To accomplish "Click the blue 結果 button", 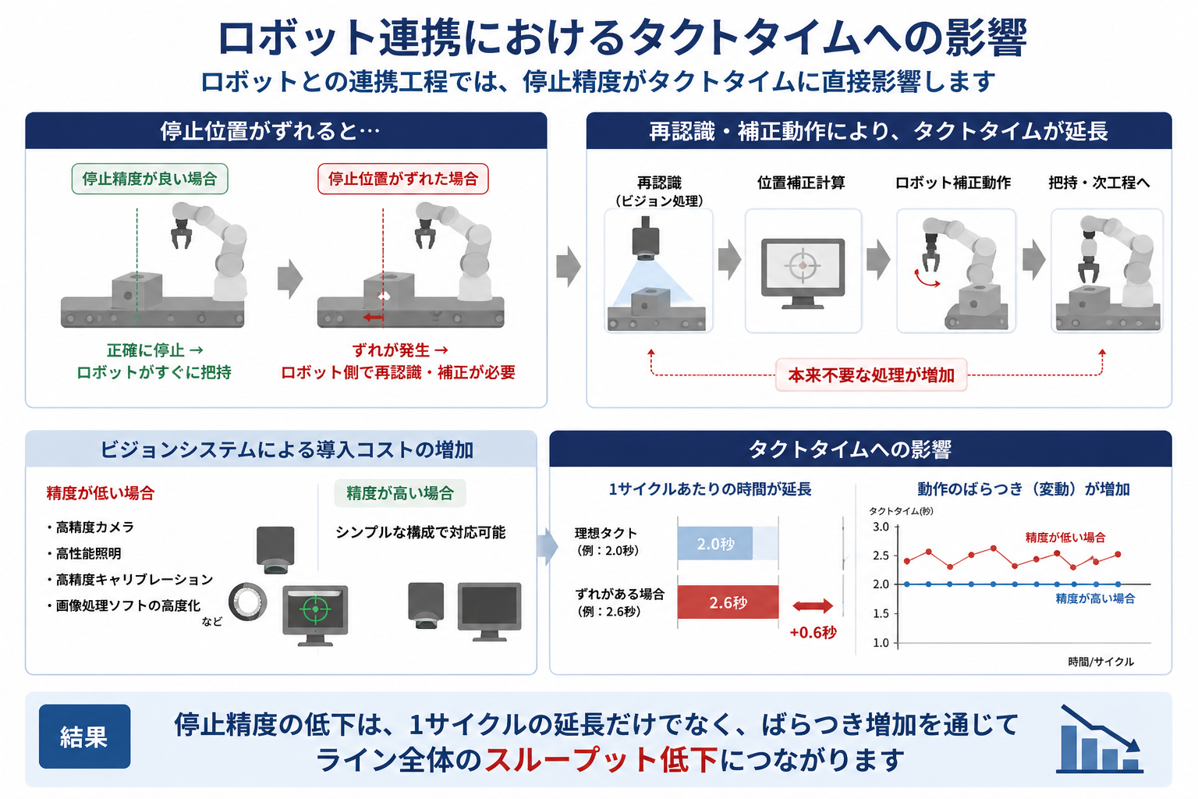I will click(84, 737).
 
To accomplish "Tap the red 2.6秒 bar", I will click(728, 602).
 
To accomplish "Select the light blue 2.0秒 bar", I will click(715, 544).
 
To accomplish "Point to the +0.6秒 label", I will click(813, 633).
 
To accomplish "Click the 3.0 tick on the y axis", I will click(881, 527).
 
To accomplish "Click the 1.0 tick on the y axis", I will click(881, 643).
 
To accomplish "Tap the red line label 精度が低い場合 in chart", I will click(1065, 538).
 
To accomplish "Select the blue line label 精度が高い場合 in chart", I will click(1095, 598).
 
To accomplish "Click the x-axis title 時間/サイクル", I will click(1101, 662).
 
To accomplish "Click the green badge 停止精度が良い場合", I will click(150, 179).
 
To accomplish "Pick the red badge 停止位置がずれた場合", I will click(402, 179).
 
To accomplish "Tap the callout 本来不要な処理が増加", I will click(871, 375).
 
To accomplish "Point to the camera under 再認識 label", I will click(645, 239).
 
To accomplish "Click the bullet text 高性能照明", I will click(88, 553).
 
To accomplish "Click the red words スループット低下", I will click(601, 759).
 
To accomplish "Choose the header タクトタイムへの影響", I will click(849, 449).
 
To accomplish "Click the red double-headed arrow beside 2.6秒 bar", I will click(813, 606).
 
